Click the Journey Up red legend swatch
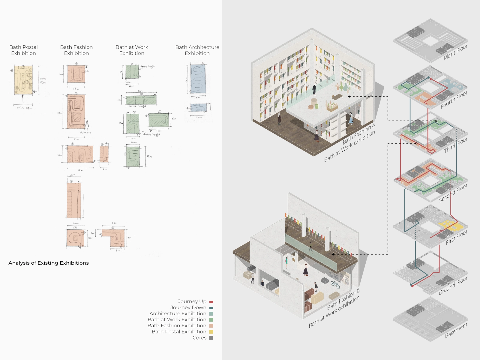coord(211,302)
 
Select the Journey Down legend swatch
coord(211,308)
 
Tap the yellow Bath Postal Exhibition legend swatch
coord(211,332)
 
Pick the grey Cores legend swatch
coord(211,338)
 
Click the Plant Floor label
coord(455,52)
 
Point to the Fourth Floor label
coord(454,100)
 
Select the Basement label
coord(456,330)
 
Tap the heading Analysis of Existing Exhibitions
coord(49,263)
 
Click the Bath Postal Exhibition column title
coord(23,50)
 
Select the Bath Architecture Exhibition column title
coord(197,50)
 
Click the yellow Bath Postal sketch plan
coord(23,80)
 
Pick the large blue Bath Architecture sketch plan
coord(198,79)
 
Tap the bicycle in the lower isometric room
coord(335,284)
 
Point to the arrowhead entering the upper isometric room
coord(349,97)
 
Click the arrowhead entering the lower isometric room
coord(333,254)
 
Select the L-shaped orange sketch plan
coord(114,237)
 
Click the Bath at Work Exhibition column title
coord(132,50)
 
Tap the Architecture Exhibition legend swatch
coord(211,314)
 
